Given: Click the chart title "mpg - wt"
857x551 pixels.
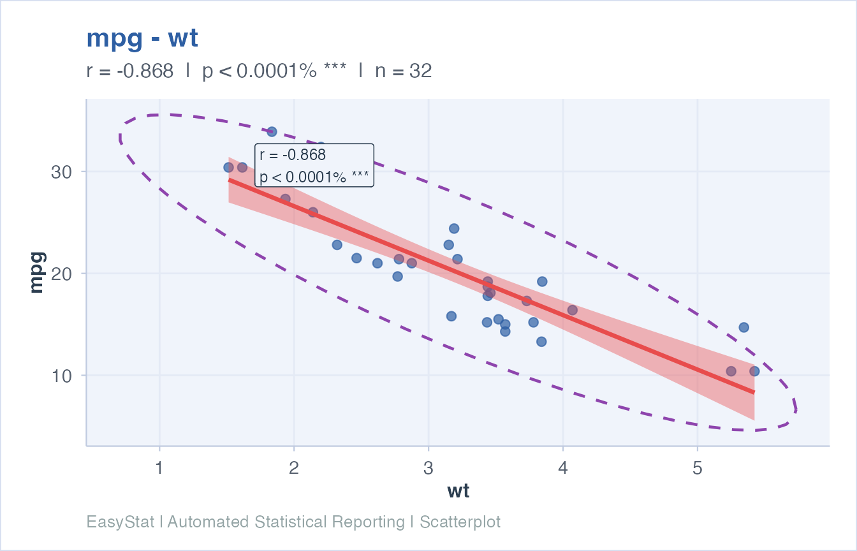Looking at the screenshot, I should (x=142, y=39).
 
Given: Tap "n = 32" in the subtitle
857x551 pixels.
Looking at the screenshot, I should (x=403, y=71).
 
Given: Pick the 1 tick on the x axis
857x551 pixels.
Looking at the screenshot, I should (x=159, y=469).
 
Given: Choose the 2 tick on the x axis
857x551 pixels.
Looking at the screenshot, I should (x=293, y=469).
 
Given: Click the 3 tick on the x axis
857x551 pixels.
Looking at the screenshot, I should (x=428, y=469).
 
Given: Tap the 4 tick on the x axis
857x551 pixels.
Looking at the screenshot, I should (x=563, y=469).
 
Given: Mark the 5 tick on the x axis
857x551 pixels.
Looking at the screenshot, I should (x=698, y=469).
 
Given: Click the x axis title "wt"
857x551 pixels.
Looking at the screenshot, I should (x=458, y=491).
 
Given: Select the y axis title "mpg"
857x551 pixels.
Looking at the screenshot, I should (x=36, y=273).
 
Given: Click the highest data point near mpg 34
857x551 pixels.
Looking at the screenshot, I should (x=272, y=131).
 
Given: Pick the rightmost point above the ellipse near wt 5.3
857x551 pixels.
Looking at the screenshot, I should (x=743, y=327).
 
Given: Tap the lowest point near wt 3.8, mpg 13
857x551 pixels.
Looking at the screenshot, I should (x=541, y=341).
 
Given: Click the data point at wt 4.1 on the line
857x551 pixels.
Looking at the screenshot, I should (x=573, y=310).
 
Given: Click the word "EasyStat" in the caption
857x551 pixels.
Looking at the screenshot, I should (x=121, y=522).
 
